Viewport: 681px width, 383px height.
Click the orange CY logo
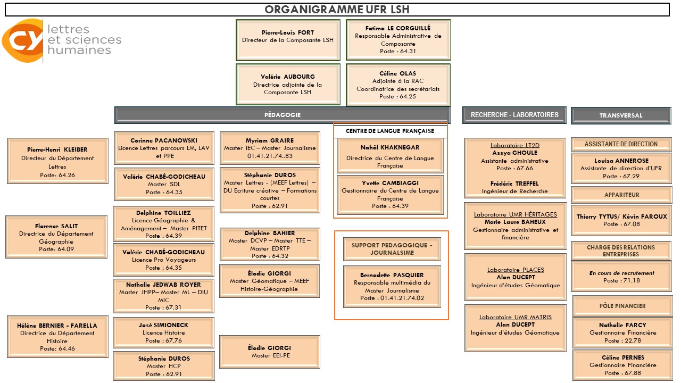pos(22,40)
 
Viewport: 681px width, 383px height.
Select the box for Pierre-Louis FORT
pos(288,40)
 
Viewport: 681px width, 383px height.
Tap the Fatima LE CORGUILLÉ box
pos(398,40)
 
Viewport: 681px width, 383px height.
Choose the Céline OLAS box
pos(398,85)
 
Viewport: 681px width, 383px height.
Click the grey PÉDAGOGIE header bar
pos(282,115)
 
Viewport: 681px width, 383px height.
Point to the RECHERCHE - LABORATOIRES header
pos(514,115)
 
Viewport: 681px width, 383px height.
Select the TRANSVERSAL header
pos(620,115)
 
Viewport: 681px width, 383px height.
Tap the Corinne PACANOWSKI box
pos(164,148)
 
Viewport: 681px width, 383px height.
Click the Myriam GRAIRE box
pos(270,148)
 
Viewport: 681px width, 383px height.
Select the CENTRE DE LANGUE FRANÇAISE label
pos(390,131)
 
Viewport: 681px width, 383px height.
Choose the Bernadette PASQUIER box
pos(392,287)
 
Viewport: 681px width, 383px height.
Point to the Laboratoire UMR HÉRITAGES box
pos(515,226)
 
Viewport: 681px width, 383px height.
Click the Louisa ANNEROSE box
pos(621,168)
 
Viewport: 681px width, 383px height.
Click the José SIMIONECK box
pos(163,332)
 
